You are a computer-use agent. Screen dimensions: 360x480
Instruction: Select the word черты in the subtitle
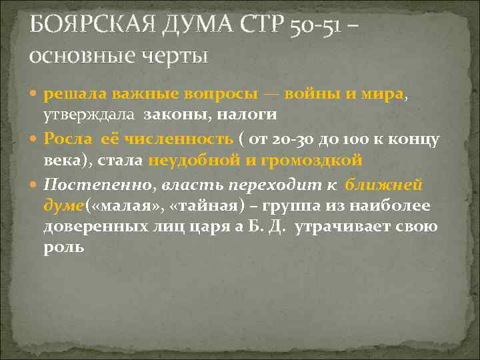[x=175, y=53]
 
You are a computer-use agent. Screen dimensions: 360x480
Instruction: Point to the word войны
[x=311, y=94]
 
